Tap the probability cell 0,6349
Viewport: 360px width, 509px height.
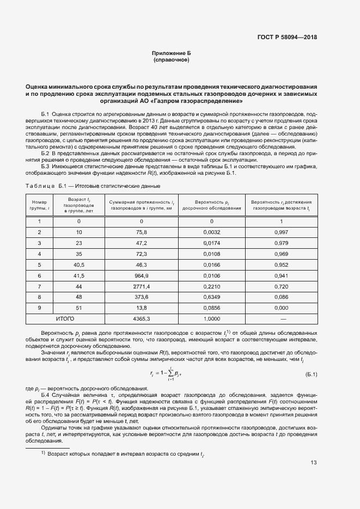(x=211, y=297)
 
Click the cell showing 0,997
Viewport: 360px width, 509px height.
(x=282, y=232)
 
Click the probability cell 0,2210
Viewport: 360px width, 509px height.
(x=211, y=286)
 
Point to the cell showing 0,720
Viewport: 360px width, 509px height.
(x=282, y=286)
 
